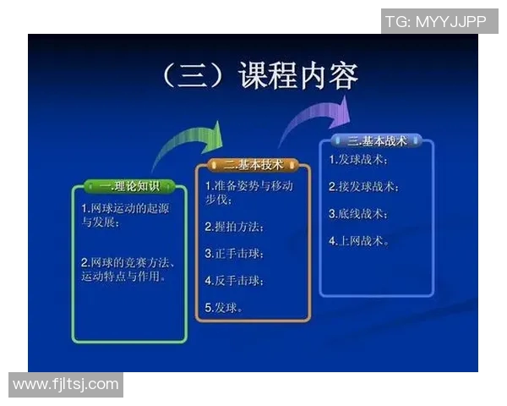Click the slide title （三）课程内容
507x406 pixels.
click(259, 76)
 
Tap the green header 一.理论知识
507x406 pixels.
click(129, 186)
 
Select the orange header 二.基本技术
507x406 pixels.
click(253, 163)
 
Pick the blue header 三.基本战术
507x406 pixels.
click(377, 140)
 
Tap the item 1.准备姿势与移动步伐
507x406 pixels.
click(249, 193)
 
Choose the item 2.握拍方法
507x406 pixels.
click(234, 227)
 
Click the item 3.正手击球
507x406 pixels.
click(234, 253)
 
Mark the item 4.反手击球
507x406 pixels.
click(234, 280)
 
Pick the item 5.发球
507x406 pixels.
click(224, 307)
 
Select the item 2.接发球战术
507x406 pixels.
click(364, 186)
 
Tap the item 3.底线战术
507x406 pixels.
click(358, 213)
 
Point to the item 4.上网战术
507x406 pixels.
click(358, 240)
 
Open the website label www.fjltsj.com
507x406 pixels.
click(66, 385)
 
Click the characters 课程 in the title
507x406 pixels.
click(270, 76)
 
